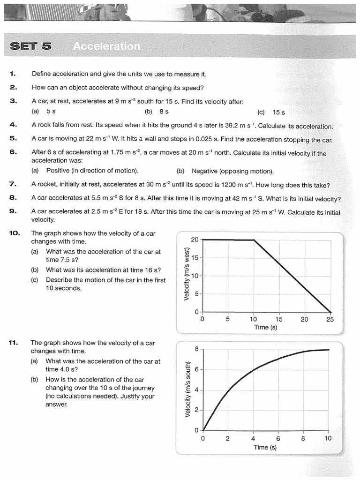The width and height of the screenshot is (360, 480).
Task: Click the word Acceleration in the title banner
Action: pos(106,46)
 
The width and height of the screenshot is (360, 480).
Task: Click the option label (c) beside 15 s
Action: pos(261,112)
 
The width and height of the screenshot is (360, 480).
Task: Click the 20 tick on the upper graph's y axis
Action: pos(195,240)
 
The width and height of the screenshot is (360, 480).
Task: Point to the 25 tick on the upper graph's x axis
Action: pos(330,319)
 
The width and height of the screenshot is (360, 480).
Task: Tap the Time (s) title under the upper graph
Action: pos(265,327)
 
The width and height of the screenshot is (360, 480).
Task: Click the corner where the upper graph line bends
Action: pos(254,240)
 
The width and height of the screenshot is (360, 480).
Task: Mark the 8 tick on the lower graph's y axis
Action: pos(196,349)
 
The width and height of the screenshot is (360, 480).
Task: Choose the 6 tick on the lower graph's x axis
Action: pos(278,439)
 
